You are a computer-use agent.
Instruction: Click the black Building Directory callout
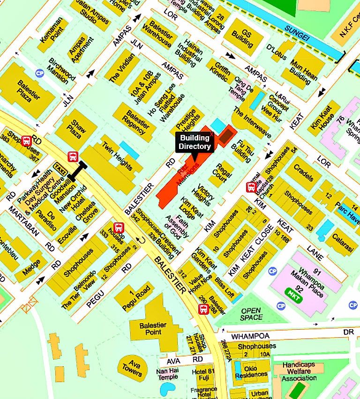click(x=195, y=142)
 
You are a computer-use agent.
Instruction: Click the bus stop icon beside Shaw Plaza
click(x=73, y=156)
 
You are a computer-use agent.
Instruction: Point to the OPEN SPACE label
click(x=251, y=314)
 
